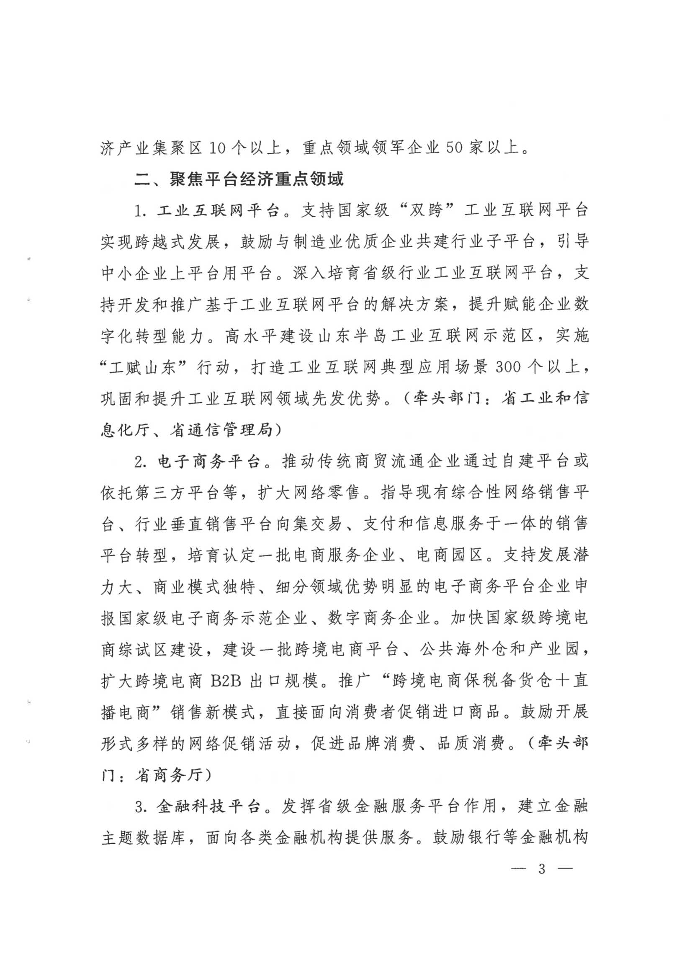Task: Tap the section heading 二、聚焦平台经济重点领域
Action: click(239, 179)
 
